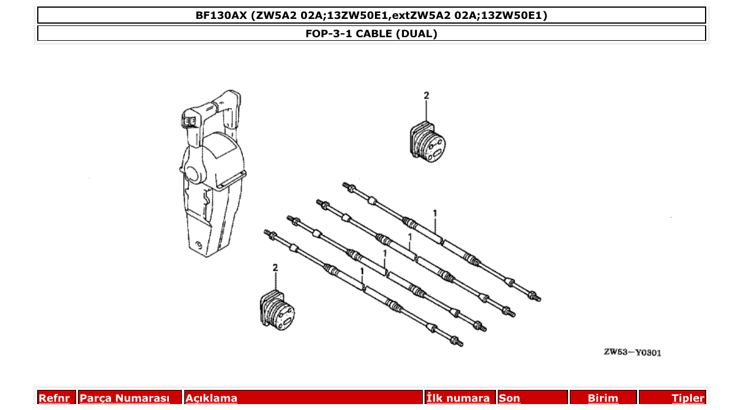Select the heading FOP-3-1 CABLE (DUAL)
pyautogui.click(x=371, y=34)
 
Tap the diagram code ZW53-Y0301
pyautogui.click(x=632, y=353)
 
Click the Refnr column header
pyautogui.click(x=54, y=398)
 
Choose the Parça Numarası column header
pyautogui.click(x=125, y=398)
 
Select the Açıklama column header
pyautogui.click(x=211, y=398)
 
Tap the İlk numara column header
pyautogui.click(x=458, y=398)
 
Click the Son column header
pyautogui.click(x=510, y=398)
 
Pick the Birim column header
pyautogui.click(x=603, y=398)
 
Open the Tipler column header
pyautogui.click(x=688, y=398)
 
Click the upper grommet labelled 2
pyautogui.click(x=428, y=142)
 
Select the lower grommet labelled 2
pyautogui.click(x=277, y=309)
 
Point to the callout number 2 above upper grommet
pyautogui.click(x=426, y=96)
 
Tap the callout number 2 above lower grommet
pyautogui.click(x=275, y=268)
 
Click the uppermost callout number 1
pyautogui.click(x=435, y=213)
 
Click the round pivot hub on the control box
pyautogui.click(x=192, y=173)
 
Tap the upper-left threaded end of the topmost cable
pyautogui.click(x=348, y=187)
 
